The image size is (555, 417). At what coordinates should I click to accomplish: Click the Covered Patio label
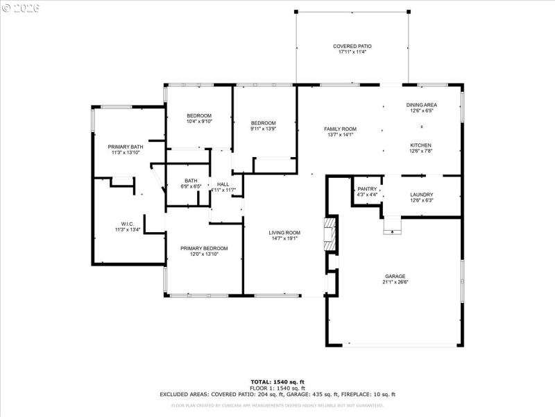click(x=351, y=46)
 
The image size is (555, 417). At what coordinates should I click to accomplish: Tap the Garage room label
click(x=395, y=276)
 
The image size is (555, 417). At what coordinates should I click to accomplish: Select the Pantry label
click(x=367, y=188)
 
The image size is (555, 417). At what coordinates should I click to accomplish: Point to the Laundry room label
click(x=421, y=195)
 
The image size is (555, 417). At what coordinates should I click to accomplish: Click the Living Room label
click(x=284, y=233)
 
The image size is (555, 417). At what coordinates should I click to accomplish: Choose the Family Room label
click(x=339, y=129)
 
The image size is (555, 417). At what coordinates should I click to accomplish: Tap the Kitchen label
click(x=421, y=145)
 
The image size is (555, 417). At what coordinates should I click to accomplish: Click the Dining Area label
click(x=421, y=105)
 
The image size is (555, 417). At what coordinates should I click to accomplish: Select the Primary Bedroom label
click(x=204, y=248)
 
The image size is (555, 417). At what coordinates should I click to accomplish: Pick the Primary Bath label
click(x=126, y=147)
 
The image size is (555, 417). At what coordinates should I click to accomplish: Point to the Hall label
click(x=223, y=184)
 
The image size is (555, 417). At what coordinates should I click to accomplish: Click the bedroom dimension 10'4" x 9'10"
click(x=199, y=122)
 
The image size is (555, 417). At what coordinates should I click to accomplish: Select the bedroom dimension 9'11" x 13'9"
click(x=264, y=129)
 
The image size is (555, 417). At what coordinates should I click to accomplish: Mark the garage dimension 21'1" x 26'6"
click(x=395, y=282)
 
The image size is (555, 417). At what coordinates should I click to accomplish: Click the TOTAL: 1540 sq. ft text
click(x=277, y=382)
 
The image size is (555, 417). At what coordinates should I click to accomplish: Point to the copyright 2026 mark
click(x=21, y=8)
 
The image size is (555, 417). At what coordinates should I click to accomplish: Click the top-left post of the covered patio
click(x=296, y=12)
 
